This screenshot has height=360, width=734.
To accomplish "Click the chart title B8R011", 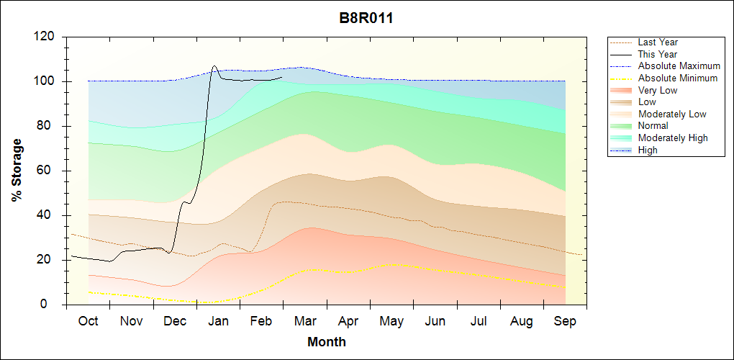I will [366, 18].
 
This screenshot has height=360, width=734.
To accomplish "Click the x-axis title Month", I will [327, 342].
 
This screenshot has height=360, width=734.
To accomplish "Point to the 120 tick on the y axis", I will [45, 37].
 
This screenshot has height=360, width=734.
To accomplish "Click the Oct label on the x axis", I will [88, 321].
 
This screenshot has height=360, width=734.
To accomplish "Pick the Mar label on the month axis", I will [305, 321].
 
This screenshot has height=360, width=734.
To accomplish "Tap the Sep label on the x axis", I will [565, 321].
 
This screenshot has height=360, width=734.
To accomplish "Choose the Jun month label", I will [435, 321].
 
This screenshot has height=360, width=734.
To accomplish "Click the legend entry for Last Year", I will [658, 42].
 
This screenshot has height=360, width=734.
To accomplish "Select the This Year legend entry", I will [658, 54].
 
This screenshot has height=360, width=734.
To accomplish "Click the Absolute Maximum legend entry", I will [677, 66].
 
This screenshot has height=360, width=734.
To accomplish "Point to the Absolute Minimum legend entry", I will [677, 78].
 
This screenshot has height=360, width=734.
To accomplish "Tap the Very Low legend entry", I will [658, 90].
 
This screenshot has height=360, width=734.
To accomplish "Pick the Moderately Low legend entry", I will [672, 114].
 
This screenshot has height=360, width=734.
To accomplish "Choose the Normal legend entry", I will [653, 126].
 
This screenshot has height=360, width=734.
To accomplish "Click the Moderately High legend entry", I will [673, 138].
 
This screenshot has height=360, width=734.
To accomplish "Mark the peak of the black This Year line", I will [214, 66].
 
